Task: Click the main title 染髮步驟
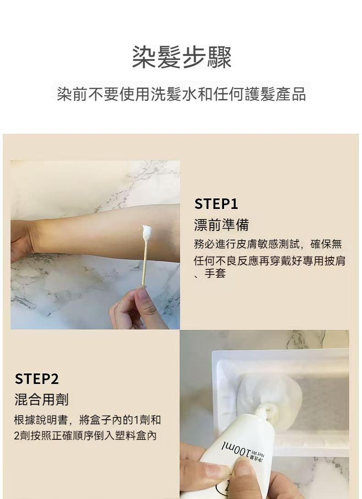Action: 181,57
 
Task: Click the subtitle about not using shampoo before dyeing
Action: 181,94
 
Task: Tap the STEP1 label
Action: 216,204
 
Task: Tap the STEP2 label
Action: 37,379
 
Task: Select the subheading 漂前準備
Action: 221,225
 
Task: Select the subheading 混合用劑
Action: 41,400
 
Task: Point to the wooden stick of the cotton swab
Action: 143,264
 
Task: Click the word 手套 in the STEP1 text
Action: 215,273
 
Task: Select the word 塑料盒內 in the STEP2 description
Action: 136,435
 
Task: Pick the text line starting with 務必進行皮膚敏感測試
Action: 268,244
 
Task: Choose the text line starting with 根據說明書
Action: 88,420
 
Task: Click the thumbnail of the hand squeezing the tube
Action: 218,471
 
